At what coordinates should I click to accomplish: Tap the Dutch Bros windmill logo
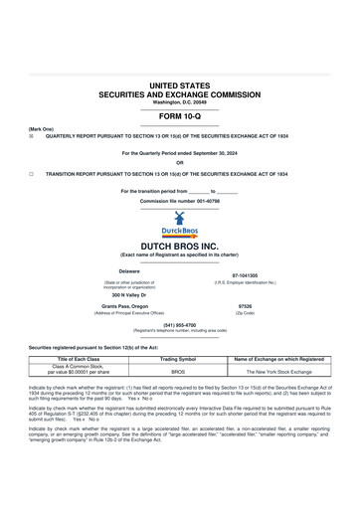point(180,221)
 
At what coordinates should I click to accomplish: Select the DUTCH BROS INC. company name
point(180,244)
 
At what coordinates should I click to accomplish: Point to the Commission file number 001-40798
point(180,200)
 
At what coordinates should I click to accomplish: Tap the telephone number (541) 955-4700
point(180,324)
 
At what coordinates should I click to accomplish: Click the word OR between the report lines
point(180,162)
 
